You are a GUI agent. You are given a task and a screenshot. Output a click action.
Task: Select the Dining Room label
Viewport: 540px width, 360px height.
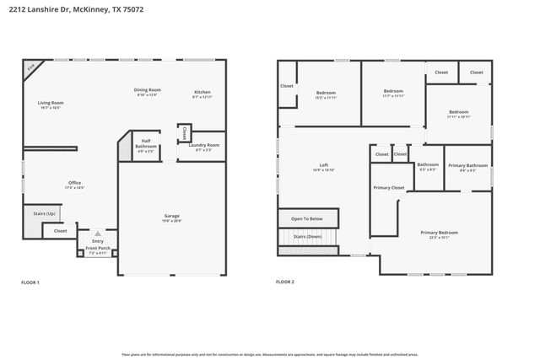click(147, 91)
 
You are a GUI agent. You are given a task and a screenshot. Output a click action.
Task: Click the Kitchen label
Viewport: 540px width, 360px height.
click(202, 93)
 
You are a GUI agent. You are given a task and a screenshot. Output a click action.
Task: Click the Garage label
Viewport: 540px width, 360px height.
click(171, 217)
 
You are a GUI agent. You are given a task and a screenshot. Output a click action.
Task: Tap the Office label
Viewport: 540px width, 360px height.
click(75, 184)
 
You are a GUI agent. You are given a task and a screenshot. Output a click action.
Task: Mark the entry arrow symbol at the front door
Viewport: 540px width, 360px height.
click(98, 233)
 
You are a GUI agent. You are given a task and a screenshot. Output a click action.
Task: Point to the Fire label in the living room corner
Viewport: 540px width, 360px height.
click(31, 67)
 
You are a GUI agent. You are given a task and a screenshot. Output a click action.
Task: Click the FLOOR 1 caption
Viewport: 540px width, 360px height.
click(30, 282)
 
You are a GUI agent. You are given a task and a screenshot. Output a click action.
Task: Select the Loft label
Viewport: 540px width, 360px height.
click(323, 166)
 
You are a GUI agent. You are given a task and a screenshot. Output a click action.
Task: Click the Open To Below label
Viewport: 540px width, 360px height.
click(307, 218)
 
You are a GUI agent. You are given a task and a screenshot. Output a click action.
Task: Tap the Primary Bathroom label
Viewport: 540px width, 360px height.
click(467, 166)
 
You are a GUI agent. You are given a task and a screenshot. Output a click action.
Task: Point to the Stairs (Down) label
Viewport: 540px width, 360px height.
click(307, 237)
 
